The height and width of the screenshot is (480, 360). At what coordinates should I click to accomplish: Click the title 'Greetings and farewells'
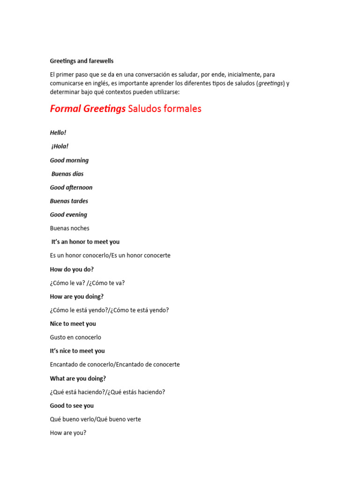pos(82,61)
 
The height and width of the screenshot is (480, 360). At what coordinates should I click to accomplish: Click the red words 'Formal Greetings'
pos(88,109)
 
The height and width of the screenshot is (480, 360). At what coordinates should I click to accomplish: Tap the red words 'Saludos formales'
pos(165,109)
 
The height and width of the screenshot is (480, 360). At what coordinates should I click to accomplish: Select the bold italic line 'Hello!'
pos(58,133)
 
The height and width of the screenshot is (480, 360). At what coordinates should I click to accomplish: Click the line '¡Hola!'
pos(60,146)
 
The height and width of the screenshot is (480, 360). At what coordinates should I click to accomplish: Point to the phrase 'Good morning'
pos(69,160)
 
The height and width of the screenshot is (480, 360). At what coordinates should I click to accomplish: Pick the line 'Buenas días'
pos(67,174)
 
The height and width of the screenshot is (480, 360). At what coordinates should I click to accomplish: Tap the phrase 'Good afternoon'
pos(71,187)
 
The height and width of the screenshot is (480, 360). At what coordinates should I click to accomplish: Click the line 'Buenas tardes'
pos(69,201)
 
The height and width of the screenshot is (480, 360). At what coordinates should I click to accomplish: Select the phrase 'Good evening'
pos(68,215)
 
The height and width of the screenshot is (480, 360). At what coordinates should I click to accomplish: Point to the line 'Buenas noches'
pos(69,228)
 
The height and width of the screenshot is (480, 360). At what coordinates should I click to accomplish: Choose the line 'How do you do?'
pos(72,270)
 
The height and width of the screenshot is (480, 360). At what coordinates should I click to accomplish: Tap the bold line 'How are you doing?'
pos(77,297)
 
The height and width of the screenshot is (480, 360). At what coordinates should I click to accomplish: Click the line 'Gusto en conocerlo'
pos(75,337)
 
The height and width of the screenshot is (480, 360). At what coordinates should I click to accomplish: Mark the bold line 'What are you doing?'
pos(78,378)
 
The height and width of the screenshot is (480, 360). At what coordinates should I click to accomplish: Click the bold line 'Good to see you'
pos(72,406)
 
